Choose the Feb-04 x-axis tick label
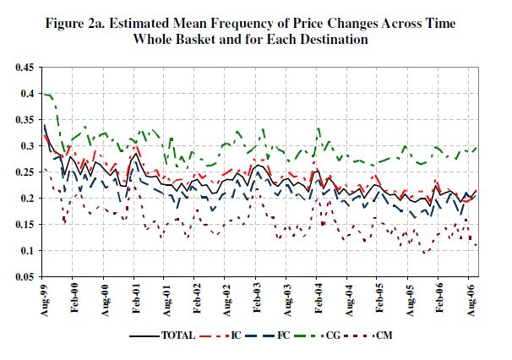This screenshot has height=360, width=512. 316,297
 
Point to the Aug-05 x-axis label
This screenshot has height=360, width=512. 406,297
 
